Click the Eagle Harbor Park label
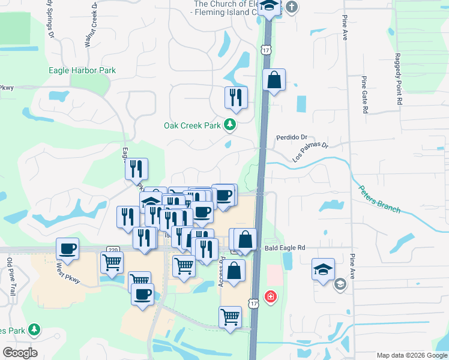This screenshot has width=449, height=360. coord(82,70)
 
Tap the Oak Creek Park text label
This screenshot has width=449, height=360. coord(192,126)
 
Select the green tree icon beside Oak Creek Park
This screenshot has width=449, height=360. coord(229,125)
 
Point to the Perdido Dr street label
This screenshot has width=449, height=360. coord(291,137)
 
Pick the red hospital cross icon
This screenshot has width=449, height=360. coord(271,296)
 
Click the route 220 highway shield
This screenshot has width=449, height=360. coord(112,249)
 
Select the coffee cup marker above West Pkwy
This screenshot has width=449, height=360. coord(67,248)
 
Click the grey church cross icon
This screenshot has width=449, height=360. coord(291,7)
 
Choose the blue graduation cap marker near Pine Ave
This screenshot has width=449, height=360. coord(323,269)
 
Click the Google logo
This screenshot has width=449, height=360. coord(20,353)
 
